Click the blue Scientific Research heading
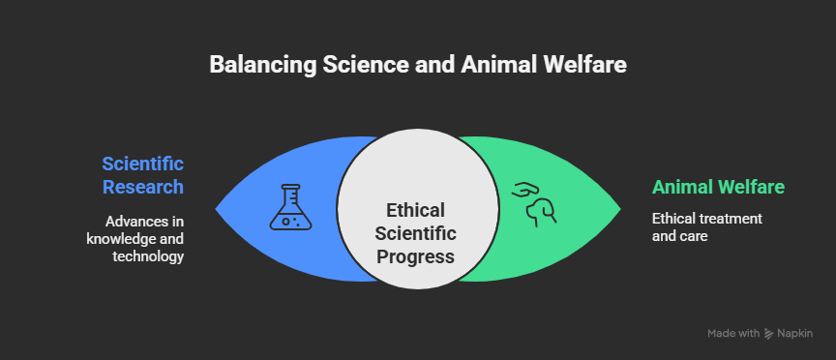click(142, 174)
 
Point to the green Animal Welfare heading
click(717, 187)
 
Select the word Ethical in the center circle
click(415, 210)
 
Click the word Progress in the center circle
click(416, 256)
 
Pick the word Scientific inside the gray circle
click(416, 233)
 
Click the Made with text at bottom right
click(732, 334)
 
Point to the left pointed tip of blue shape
click(217, 208)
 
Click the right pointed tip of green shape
click(620, 208)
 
